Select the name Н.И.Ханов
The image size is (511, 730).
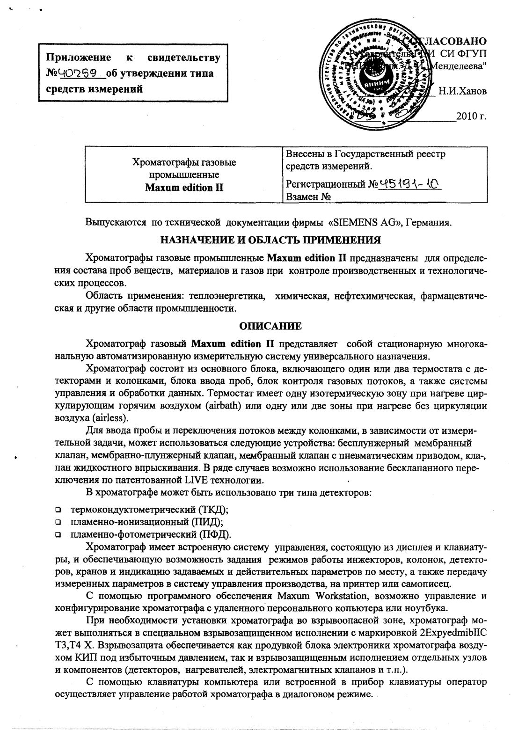pos(462,91)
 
